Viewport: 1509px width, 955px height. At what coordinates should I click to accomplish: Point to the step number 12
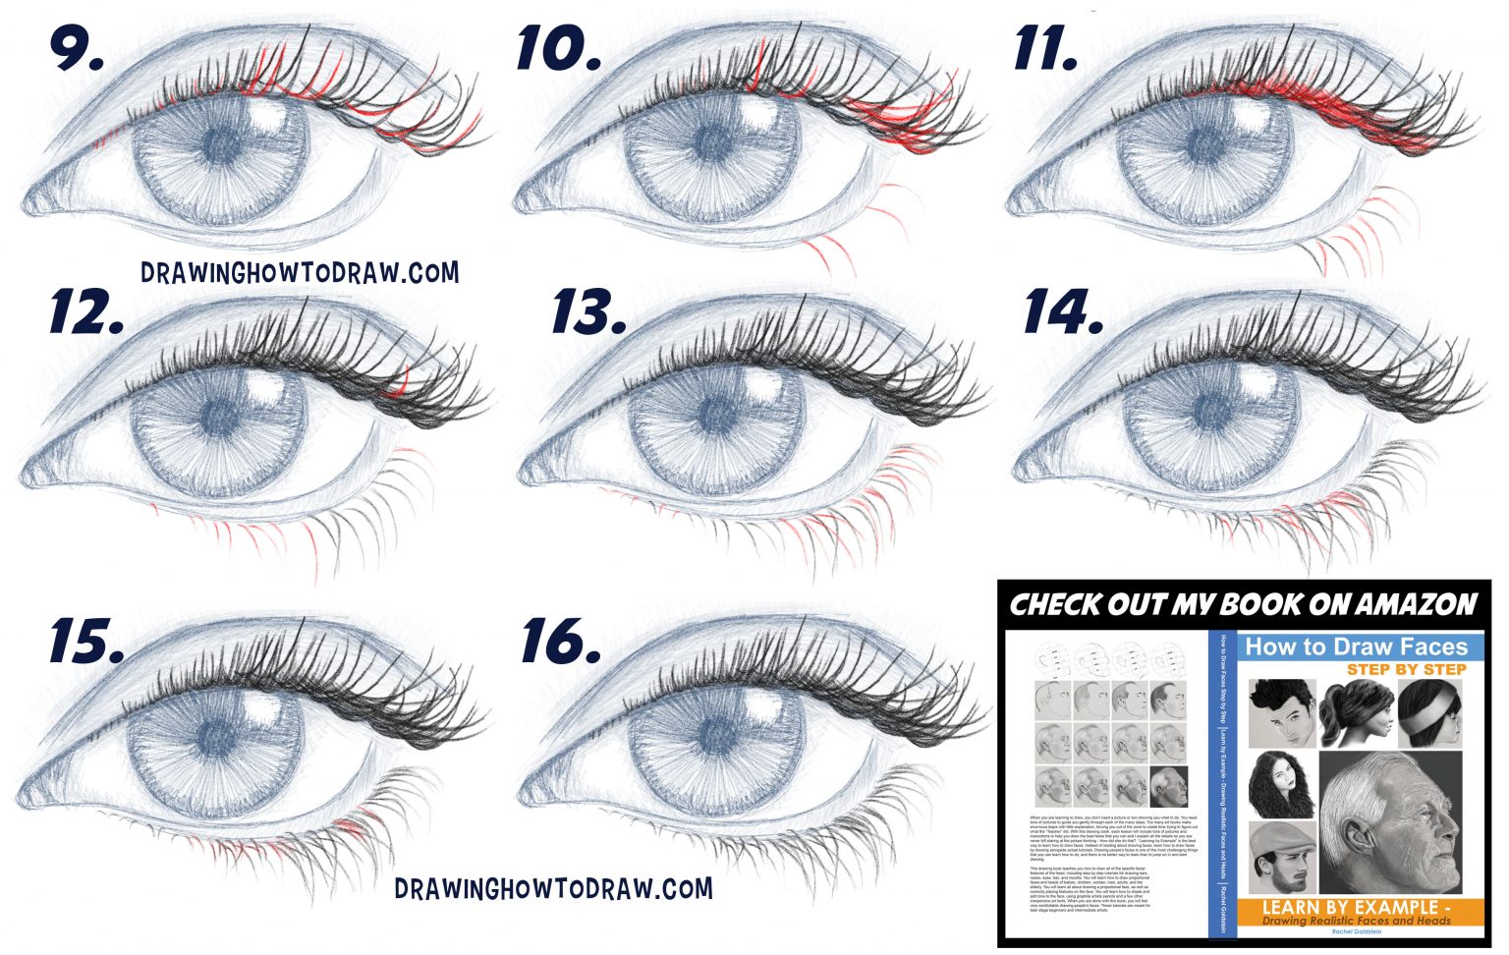pos(86,312)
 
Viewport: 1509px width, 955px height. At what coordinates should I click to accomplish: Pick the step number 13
pos(587,312)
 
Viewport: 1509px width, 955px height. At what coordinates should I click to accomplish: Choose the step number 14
pos(1063,312)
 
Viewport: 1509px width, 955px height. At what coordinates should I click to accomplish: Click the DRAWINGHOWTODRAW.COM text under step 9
pos(299,272)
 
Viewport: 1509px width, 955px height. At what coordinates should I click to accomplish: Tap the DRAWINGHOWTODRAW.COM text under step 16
pos(553,888)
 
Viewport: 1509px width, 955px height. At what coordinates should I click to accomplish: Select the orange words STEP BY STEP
pos(1406,669)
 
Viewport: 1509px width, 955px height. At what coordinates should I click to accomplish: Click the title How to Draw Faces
pos(1356,646)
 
